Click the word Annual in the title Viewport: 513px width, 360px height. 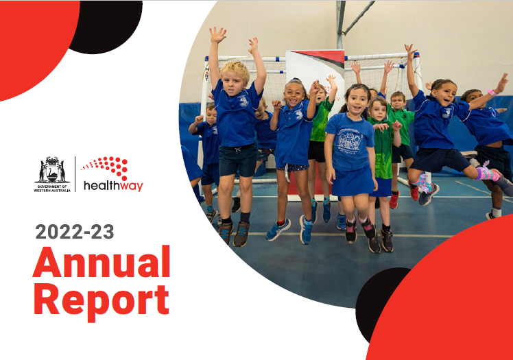tap(102, 261)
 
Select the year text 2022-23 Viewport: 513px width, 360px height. tap(75, 232)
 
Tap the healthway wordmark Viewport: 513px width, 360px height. tap(113, 186)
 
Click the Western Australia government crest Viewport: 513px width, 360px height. tap(52, 170)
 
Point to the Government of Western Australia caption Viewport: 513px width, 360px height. tap(52, 189)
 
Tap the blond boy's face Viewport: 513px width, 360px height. tap(232, 82)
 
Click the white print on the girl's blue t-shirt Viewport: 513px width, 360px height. tap(350, 141)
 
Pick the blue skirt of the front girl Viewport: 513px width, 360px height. tap(353, 182)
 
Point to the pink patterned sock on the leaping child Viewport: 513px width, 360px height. tap(488, 173)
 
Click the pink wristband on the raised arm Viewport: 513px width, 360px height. tap(492, 92)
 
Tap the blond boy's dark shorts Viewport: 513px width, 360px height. tap(238, 160)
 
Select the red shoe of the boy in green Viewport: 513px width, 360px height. tap(394, 200)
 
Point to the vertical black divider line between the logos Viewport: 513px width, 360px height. tap(75, 174)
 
